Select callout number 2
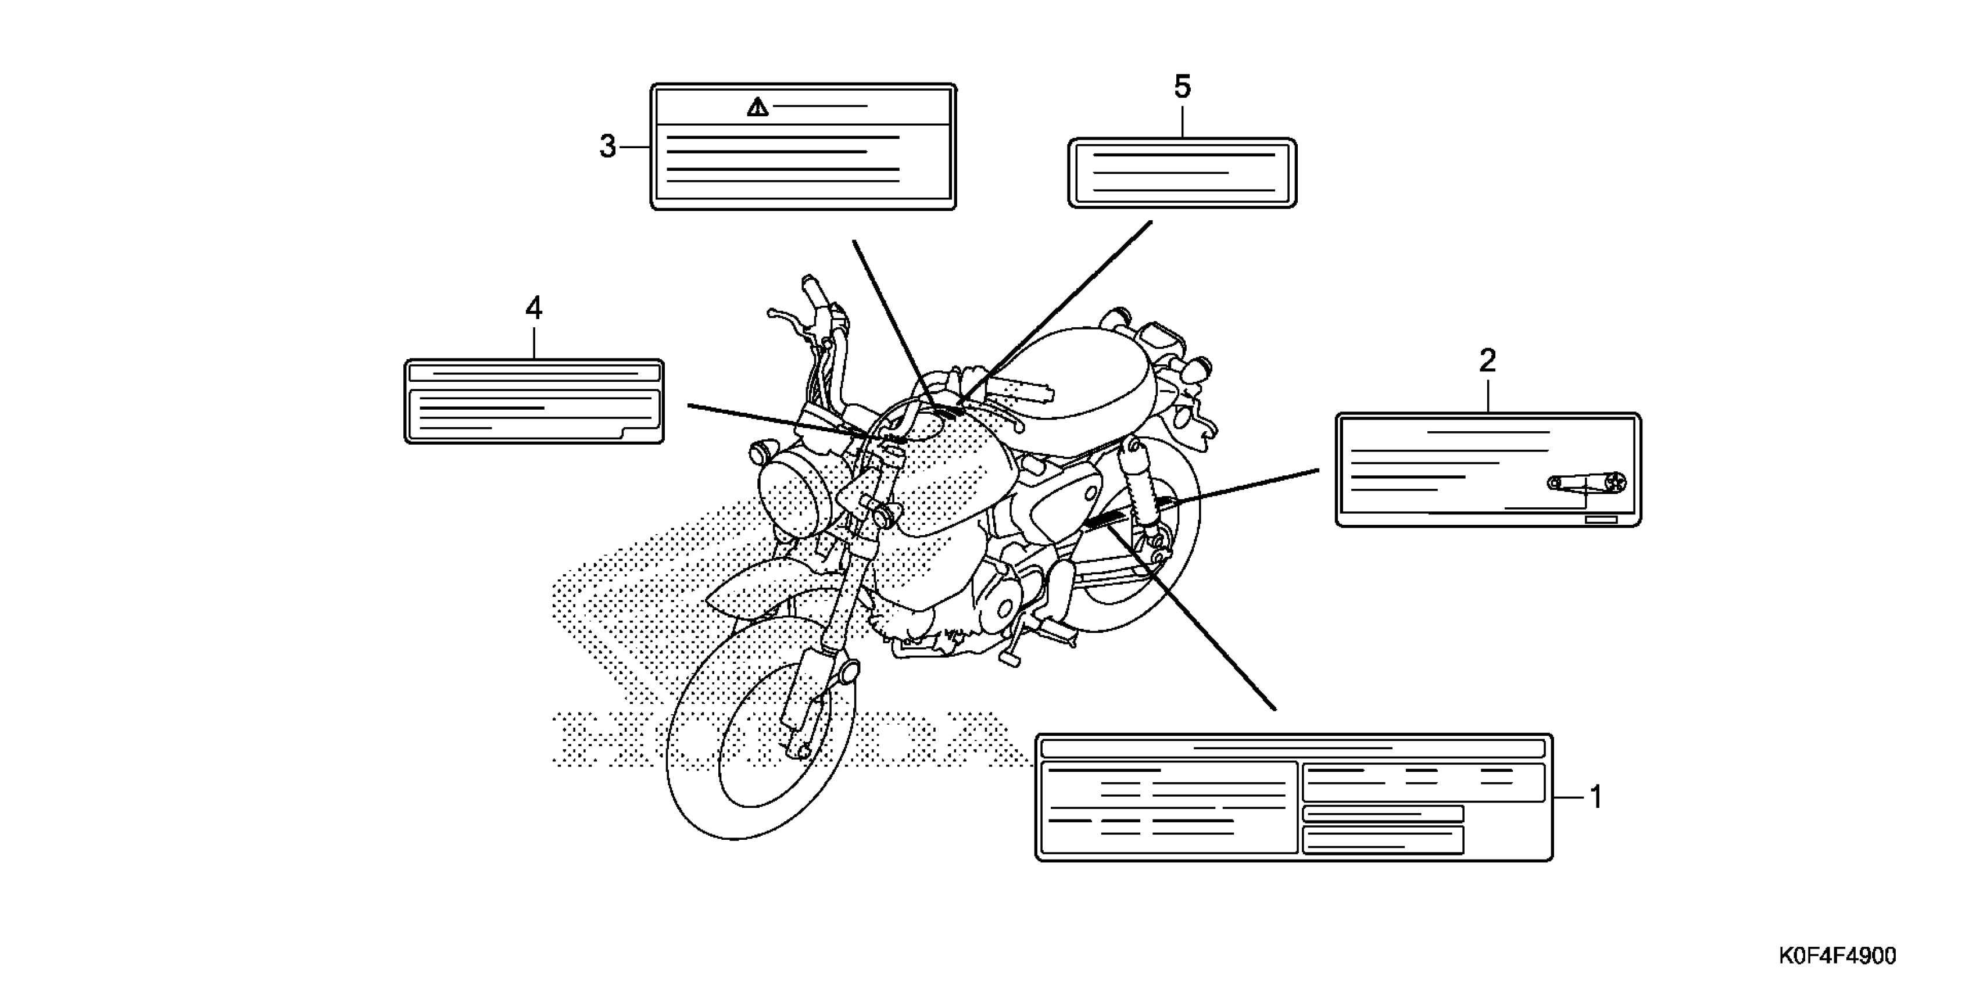1487,360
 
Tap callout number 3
607,146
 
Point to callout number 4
534,309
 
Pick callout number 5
1182,87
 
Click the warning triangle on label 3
758,108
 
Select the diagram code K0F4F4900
1837,956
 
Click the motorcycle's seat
1082,376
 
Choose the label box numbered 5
1182,173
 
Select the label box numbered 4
534,401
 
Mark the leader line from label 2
1243,486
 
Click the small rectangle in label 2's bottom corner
1601,520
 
